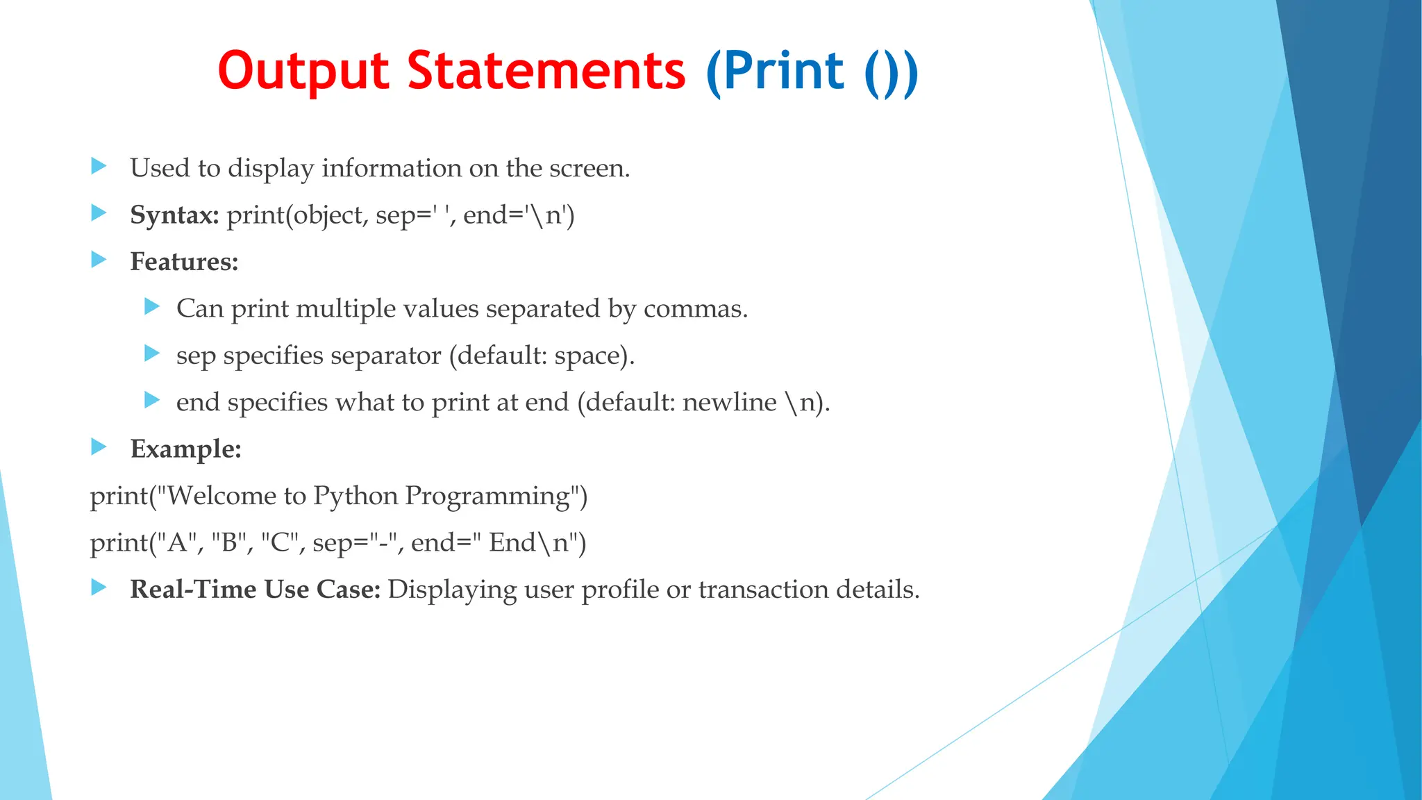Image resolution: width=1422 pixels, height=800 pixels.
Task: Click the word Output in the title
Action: [303, 72]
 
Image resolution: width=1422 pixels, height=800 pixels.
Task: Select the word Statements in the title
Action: [546, 72]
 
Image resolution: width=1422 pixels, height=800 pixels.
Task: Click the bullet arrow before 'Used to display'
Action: [99, 166]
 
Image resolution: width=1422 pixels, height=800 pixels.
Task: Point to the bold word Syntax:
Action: [174, 215]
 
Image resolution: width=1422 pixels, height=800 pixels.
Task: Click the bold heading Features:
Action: [184, 262]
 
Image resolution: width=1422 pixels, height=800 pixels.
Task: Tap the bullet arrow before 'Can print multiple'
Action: [152, 306]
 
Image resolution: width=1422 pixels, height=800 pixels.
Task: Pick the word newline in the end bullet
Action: [729, 402]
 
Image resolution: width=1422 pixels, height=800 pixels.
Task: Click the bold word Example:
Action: [185, 449]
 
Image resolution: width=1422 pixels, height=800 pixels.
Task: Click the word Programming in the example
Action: [487, 497]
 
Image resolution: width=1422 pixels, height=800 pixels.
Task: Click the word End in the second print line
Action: [512, 542]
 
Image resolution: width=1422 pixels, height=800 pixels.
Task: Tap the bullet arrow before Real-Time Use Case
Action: [99, 587]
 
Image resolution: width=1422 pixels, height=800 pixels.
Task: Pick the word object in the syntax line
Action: [328, 215]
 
